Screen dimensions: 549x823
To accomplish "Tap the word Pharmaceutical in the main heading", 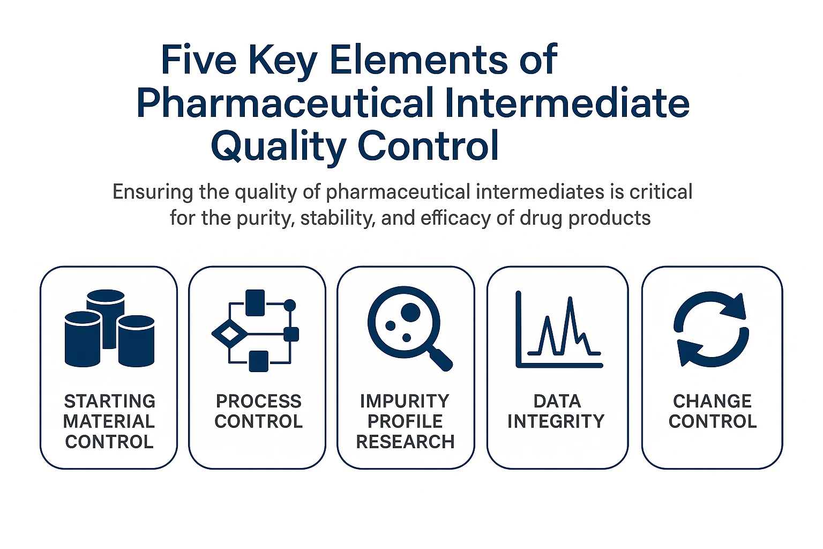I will (x=285, y=102).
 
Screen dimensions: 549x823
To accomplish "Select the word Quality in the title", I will (x=278, y=146).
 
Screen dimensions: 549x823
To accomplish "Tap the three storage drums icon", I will (x=109, y=328).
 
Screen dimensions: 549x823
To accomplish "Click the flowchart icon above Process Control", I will (x=256, y=330).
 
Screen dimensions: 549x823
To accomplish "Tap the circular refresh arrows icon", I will (x=711, y=329).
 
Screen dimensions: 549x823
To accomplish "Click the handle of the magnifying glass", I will (x=440, y=358).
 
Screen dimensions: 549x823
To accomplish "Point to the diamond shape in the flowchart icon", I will (x=229, y=334).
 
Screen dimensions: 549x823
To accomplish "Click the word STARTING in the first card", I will (x=109, y=401).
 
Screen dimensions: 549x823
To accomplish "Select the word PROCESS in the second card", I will (x=258, y=401).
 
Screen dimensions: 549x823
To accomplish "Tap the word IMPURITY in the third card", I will (x=405, y=401).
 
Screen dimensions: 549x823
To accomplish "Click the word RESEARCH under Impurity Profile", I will (x=405, y=442).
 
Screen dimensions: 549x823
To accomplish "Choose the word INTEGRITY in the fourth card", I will (x=556, y=421).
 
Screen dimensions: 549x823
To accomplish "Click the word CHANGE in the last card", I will (x=712, y=401).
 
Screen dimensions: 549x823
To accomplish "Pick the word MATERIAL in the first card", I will (x=109, y=421).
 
